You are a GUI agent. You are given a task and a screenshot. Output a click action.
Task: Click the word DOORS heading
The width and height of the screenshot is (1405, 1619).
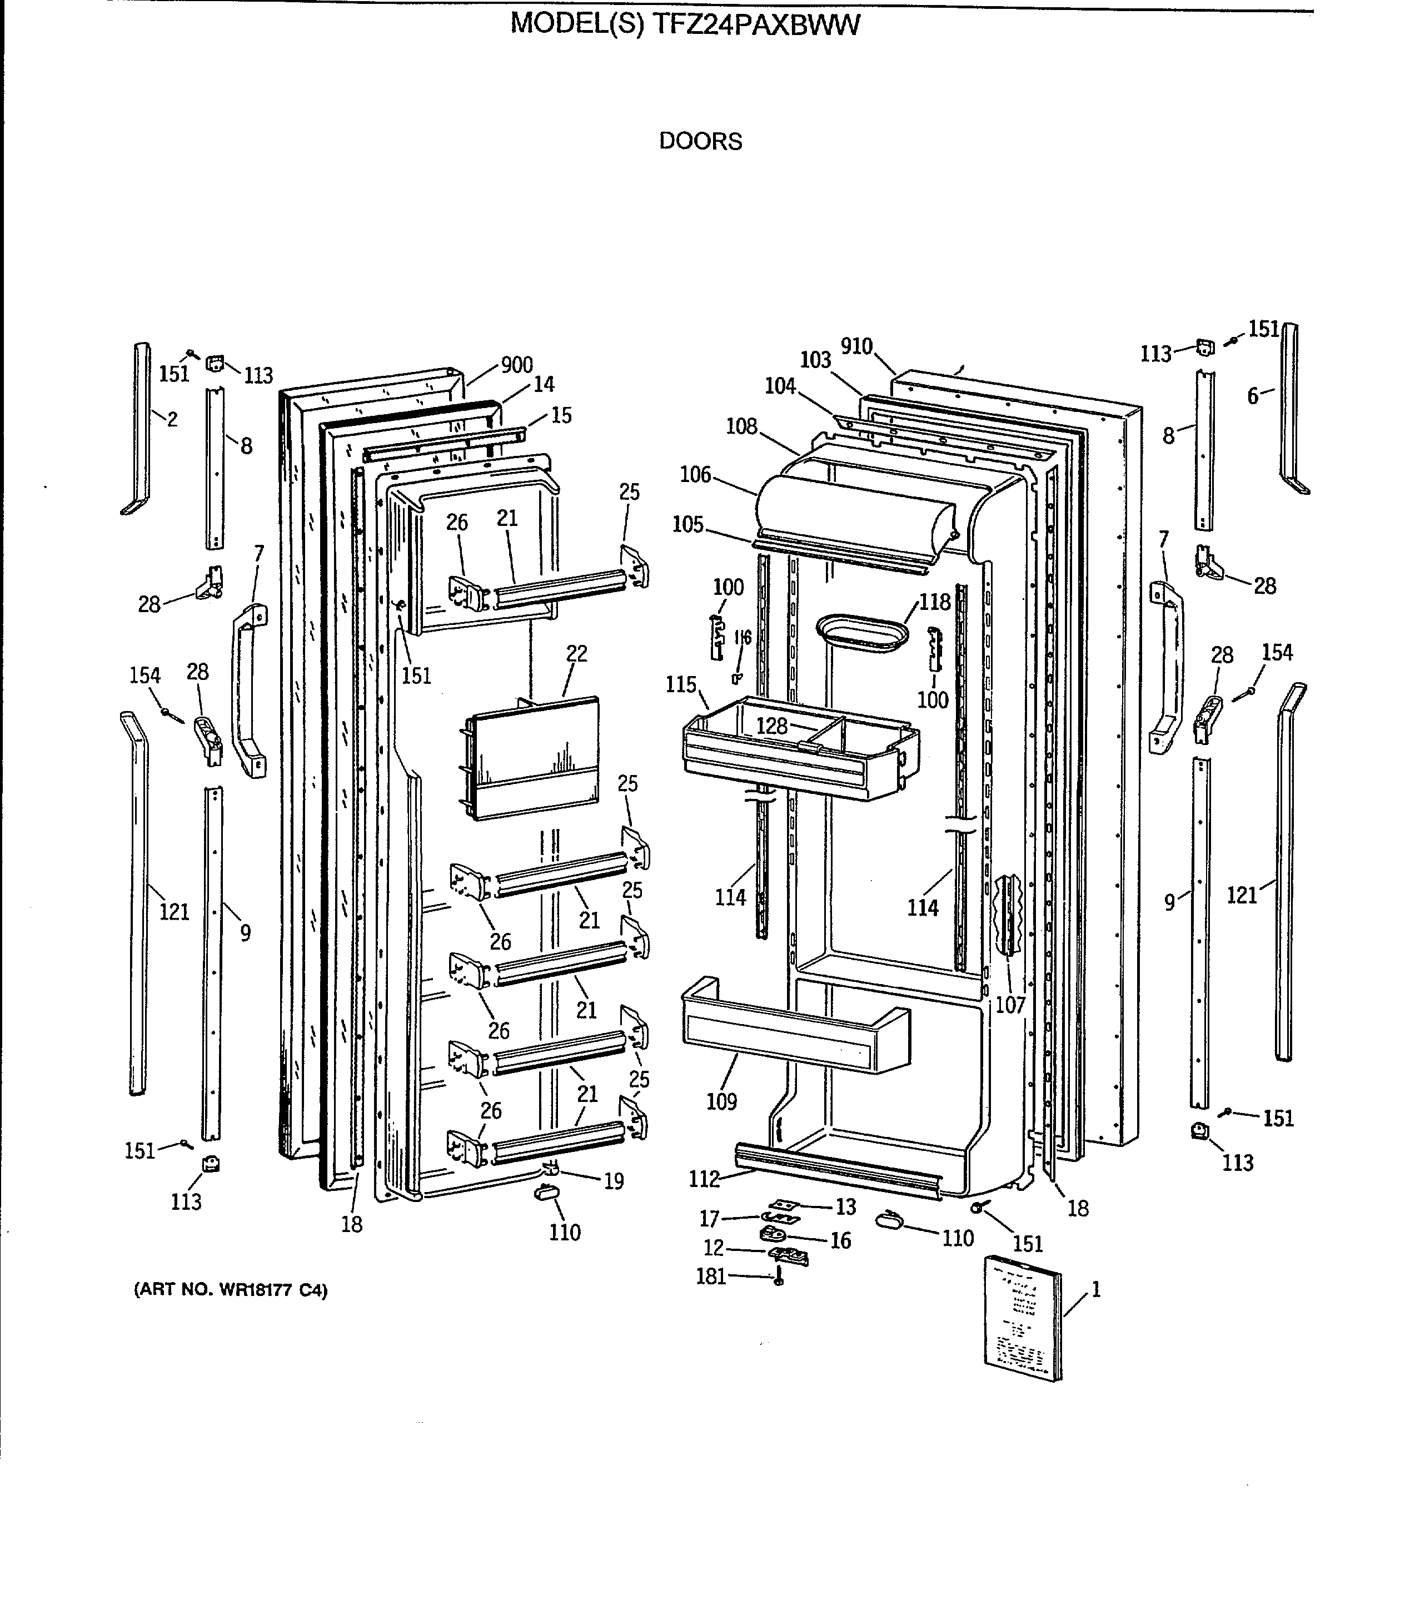tap(700, 141)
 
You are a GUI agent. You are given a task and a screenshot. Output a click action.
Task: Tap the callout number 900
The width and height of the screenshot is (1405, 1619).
tap(517, 365)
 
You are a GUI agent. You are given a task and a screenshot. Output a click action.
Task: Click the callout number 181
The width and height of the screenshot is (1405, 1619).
tap(711, 1276)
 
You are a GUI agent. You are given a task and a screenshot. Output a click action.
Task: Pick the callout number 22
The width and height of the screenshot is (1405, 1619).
tap(576, 653)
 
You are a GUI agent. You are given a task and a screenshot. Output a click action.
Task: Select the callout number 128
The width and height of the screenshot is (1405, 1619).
tap(771, 726)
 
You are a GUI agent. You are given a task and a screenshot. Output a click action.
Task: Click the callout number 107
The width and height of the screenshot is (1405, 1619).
tap(1010, 1005)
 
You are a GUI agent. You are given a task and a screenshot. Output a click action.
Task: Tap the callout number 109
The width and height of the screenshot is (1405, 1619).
tap(721, 1102)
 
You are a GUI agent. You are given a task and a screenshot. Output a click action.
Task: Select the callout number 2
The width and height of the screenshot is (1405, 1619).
tap(172, 419)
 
